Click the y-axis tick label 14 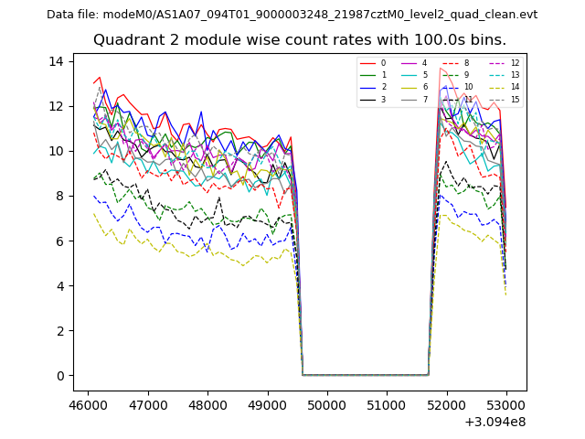coord(56,61)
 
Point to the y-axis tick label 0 coord(59,376)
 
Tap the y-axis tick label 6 coord(59,241)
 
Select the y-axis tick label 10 coord(56,151)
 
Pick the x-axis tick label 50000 coord(326,403)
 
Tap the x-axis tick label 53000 coord(506,403)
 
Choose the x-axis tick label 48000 coord(207,403)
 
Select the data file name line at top coord(292,15)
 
